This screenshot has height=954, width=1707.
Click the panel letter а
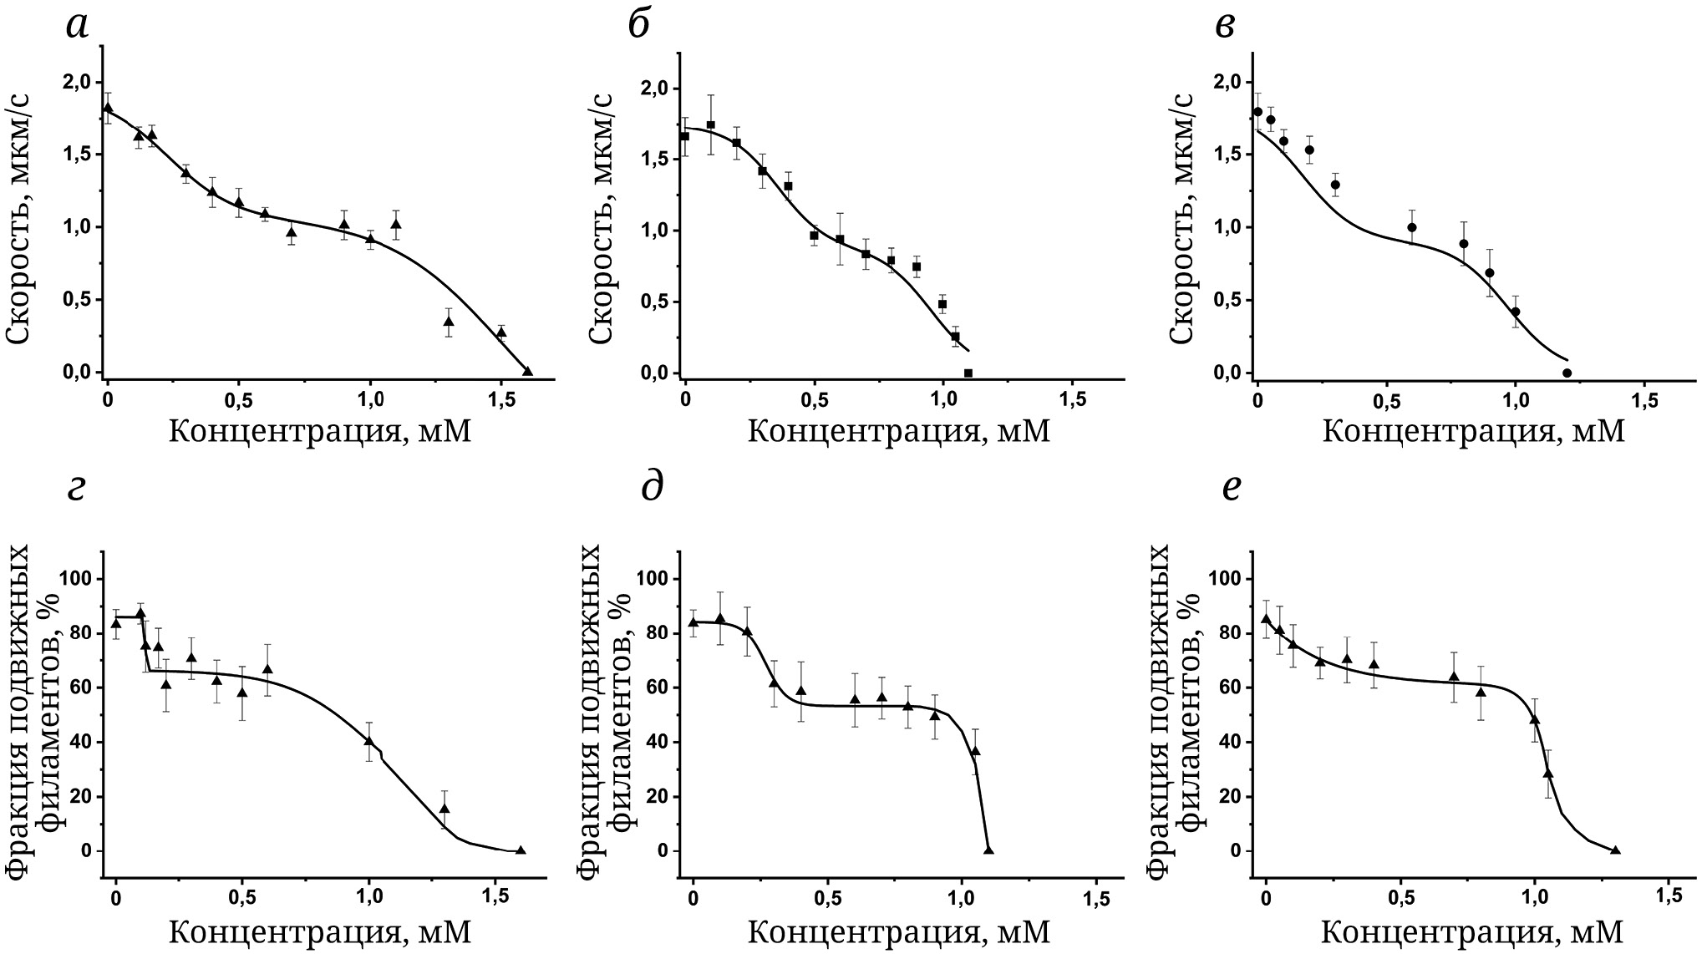pos(76,26)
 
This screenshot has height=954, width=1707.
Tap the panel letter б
pos(639,26)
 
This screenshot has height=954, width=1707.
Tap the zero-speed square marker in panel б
pos(968,373)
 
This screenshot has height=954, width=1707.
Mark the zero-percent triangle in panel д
pos(988,850)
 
